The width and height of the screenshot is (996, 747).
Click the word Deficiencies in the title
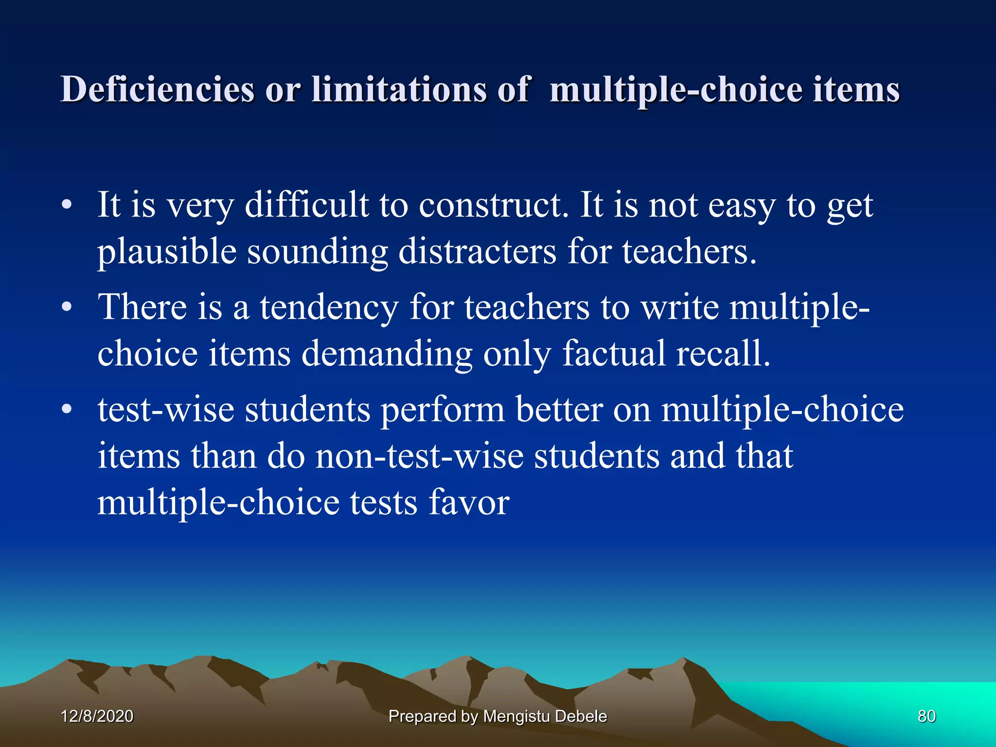[x=157, y=89]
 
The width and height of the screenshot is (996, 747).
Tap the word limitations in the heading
[x=399, y=89]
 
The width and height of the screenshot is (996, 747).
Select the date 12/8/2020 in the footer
[x=97, y=716]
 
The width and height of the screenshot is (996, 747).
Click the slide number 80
[x=926, y=716]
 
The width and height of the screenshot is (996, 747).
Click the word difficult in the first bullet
[x=306, y=205]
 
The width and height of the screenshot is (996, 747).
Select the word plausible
[x=167, y=252]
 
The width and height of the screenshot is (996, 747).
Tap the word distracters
[x=477, y=252]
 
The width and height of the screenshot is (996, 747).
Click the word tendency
[x=329, y=307]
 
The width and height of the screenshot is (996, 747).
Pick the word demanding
[x=387, y=354]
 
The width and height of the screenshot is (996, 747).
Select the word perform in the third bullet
[x=443, y=410]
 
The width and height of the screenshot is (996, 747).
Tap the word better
[x=559, y=410]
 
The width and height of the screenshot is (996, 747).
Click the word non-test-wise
[x=420, y=456]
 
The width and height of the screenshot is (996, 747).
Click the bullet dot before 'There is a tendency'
[x=67, y=307]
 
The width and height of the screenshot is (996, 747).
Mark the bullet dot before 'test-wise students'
[x=67, y=410]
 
